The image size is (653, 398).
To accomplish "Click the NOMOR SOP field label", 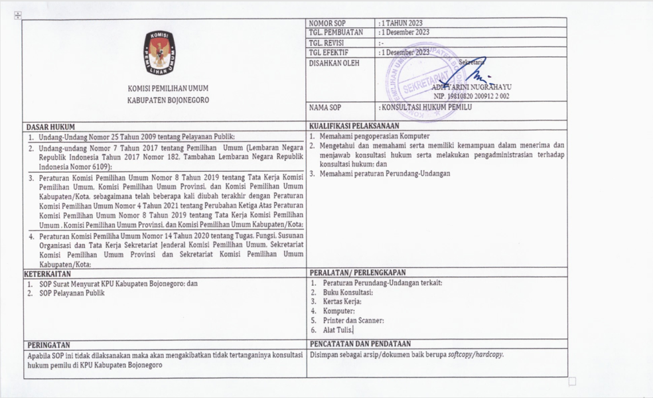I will tap(327, 23).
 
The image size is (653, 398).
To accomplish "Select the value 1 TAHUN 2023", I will tap(401, 23).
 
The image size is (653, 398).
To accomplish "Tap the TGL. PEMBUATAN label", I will tap(336, 33).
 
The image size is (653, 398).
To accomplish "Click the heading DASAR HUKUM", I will tap(50, 127).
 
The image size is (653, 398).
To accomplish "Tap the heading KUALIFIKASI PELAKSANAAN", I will tap(354, 127).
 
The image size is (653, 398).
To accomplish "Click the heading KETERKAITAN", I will tap(48, 273).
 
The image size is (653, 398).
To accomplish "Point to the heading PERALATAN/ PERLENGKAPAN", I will tap(358, 273).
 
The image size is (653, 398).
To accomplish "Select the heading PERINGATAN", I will tap(48, 344).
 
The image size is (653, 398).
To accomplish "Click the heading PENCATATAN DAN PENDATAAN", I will tap(360, 344).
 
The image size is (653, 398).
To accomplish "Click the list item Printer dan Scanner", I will tap(353, 320).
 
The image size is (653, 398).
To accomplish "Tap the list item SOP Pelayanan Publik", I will tap(71, 293).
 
